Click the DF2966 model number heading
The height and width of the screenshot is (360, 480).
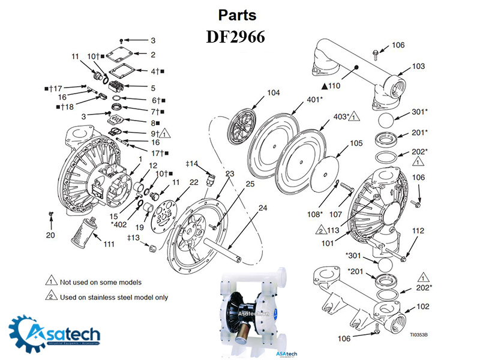[236, 37]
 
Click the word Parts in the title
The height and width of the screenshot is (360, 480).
[237, 14]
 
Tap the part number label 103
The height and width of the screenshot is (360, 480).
[418, 66]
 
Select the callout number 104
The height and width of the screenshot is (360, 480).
[274, 93]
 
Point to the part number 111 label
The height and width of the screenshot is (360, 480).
[109, 244]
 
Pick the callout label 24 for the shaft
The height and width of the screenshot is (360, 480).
[263, 208]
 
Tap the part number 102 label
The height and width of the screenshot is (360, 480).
[422, 307]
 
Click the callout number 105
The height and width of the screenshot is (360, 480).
[356, 143]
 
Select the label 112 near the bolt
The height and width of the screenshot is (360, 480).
[418, 231]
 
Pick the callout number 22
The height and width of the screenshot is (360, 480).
[194, 182]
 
